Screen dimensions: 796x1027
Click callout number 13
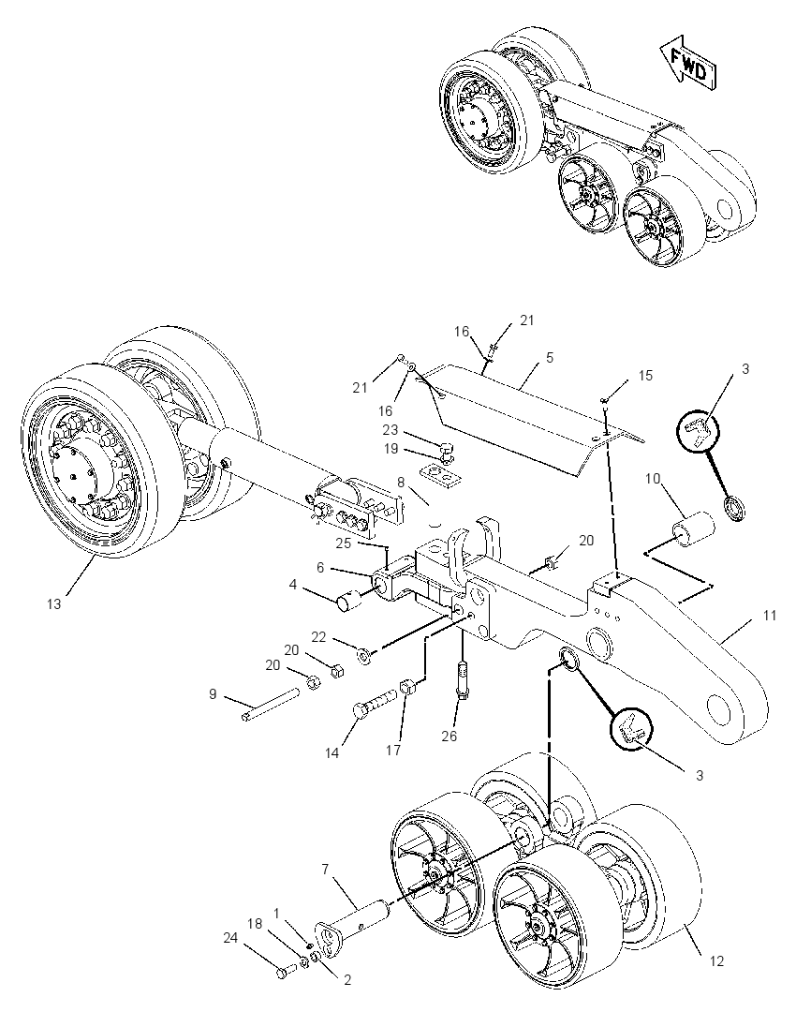(53, 603)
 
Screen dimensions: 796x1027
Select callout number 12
(716, 960)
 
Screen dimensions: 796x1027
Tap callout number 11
(770, 615)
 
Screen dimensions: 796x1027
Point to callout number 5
(549, 357)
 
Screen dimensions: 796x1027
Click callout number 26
(449, 736)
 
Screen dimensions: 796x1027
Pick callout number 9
(213, 693)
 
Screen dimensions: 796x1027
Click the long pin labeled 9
(270, 703)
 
